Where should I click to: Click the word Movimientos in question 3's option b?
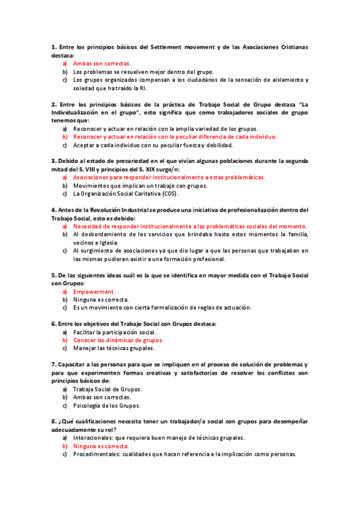coord(91,186)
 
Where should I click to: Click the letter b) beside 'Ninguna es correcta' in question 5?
coord(65,300)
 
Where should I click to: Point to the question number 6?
coord(53,324)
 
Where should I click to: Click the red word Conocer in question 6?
coord(85,340)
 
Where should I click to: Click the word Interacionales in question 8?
coord(94,438)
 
